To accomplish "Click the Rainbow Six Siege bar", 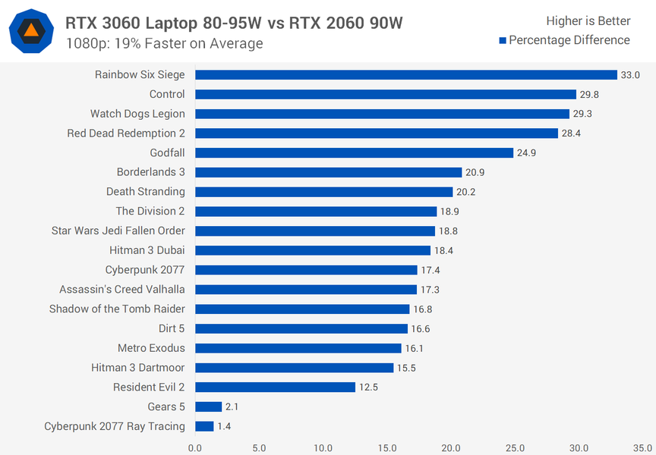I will (x=406, y=74).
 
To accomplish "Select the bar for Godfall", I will (x=355, y=152).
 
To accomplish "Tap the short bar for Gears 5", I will (x=208, y=406).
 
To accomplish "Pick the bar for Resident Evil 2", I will (x=275, y=387).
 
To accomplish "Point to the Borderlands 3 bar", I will (x=329, y=172).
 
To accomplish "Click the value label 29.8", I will (x=590, y=94).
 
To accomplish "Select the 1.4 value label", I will (x=224, y=426).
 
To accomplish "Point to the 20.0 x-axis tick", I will (x=451, y=447).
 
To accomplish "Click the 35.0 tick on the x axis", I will (x=642, y=447).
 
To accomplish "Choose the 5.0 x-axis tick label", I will (x=259, y=447).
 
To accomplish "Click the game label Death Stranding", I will (x=145, y=192).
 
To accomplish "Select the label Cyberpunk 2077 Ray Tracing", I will (x=115, y=426).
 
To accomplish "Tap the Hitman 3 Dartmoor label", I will (x=137, y=368).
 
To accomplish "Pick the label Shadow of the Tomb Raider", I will (x=117, y=309).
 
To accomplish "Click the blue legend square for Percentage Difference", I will (x=503, y=40).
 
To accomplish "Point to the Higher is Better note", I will (x=588, y=21).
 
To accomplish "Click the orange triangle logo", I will (x=31, y=31).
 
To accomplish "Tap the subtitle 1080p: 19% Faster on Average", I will (x=164, y=43).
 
